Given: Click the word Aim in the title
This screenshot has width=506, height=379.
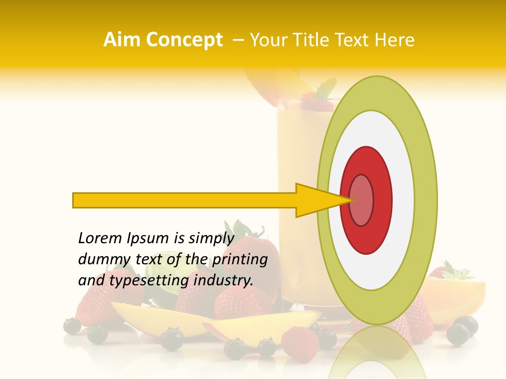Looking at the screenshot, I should pos(122,39).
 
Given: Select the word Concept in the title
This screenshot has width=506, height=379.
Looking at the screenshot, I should pos(184,39).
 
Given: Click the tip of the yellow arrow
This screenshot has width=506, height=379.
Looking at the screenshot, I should pos(352,200).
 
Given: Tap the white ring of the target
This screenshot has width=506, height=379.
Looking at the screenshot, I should pos(403,200).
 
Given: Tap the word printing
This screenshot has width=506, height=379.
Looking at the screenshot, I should pos(239,260).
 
